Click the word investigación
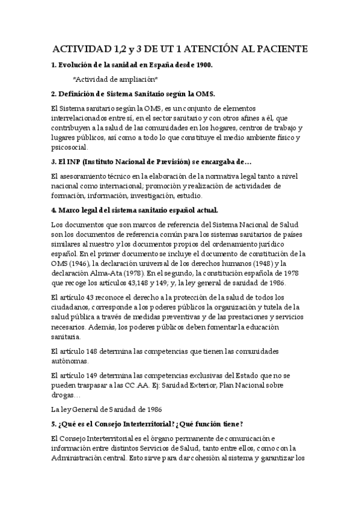point(161,196)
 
